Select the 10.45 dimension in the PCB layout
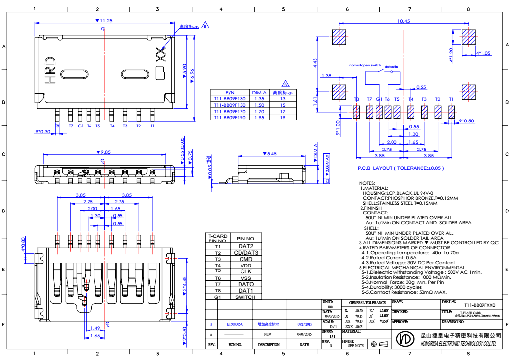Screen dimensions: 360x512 tap(403, 21)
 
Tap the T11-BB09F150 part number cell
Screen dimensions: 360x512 tap(230, 105)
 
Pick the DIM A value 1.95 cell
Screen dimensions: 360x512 tap(258, 118)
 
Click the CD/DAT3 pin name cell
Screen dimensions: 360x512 tap(246, 253)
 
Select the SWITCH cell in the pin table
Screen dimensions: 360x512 tap(245, 297)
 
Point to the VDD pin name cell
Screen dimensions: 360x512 tap(246, 265)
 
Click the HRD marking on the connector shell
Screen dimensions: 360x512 tap(50, 69)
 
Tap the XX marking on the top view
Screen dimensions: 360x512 tap(159, 55)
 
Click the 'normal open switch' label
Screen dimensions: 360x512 tap(365, 65)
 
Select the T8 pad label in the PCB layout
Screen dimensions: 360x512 tap(356, 99)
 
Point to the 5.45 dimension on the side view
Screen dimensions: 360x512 tap(271, 154)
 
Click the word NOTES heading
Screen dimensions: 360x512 tap(367, 183)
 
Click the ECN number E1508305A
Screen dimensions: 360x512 tap(235, 325)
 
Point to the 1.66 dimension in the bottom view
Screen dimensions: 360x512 tap(95, 336)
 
